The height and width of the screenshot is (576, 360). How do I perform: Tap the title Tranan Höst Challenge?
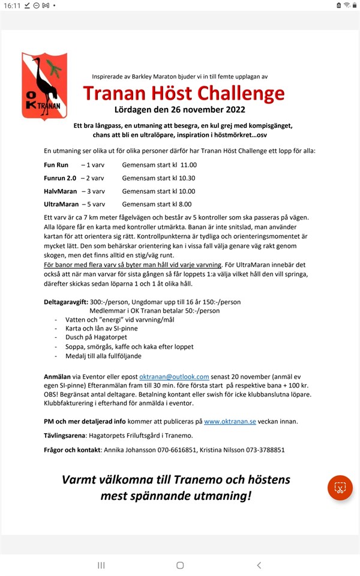click(184, 93)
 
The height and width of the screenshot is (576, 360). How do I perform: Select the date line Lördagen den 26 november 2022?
click(179, 110)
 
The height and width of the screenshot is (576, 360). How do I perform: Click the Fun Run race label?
click(56, 164)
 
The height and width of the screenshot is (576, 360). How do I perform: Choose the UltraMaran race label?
click(62, 205)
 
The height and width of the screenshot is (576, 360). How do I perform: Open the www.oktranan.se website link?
click(230, 421)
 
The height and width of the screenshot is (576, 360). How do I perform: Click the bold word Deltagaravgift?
click(70, 301)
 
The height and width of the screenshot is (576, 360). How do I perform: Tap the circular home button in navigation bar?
click(180, 565)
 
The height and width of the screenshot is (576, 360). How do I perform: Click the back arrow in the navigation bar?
click(259, 565)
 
